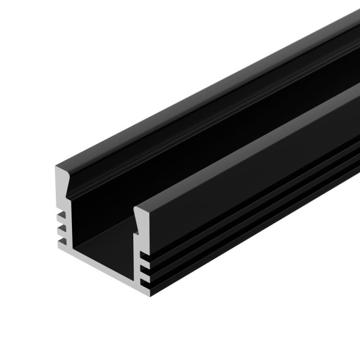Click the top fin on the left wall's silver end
61,215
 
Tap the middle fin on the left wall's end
61,228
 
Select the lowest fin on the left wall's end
61,241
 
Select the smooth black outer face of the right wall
252,180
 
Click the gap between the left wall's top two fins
61,221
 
